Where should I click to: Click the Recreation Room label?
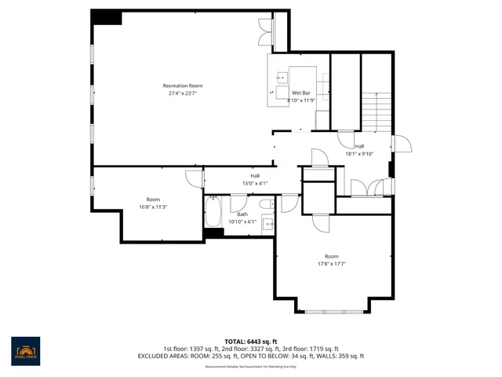click(x=182, y=85)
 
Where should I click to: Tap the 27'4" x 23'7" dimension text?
click(x=182, y=93)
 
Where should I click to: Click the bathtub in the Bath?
click(x=213, y=213)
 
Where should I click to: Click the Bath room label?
click(x=242, y=214)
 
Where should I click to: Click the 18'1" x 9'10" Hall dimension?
click(x=359, y=153)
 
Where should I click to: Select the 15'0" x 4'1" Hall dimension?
click(x=255, y=183)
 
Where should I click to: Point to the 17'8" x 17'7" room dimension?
click(x=333, y=264)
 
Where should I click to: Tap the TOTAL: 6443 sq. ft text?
click(x=251, y=340)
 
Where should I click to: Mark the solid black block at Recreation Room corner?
click(x=106, y=16)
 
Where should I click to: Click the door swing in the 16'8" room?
click(x=193, y=178)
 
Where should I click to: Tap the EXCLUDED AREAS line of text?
click(x=251, y=356)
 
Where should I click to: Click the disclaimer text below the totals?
click(x=251, y=367)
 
